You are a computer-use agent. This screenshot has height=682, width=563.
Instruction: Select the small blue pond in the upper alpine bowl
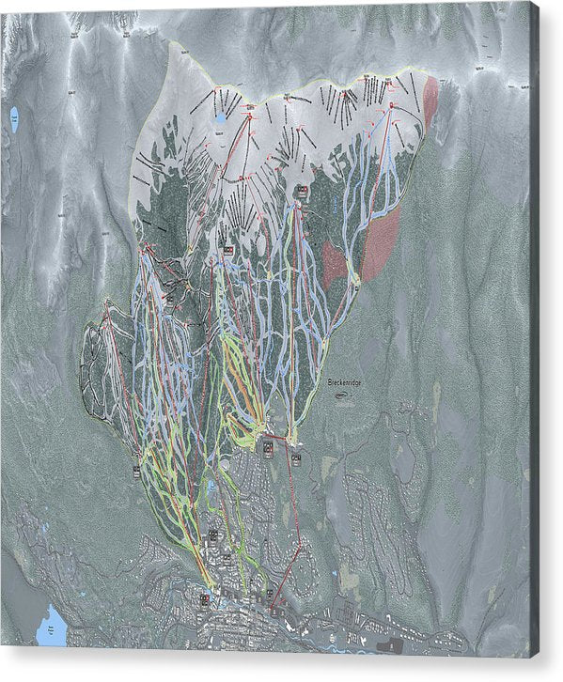220,120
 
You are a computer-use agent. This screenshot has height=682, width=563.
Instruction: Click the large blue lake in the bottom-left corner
53,626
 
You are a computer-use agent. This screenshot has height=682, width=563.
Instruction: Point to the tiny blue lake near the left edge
14,118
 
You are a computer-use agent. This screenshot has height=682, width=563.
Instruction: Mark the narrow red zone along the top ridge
430,101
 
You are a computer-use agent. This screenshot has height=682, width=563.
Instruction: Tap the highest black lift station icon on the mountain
302,192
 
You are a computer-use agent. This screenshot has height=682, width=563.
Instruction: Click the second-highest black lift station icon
227,249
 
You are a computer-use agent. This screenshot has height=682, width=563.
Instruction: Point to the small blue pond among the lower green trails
211,488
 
